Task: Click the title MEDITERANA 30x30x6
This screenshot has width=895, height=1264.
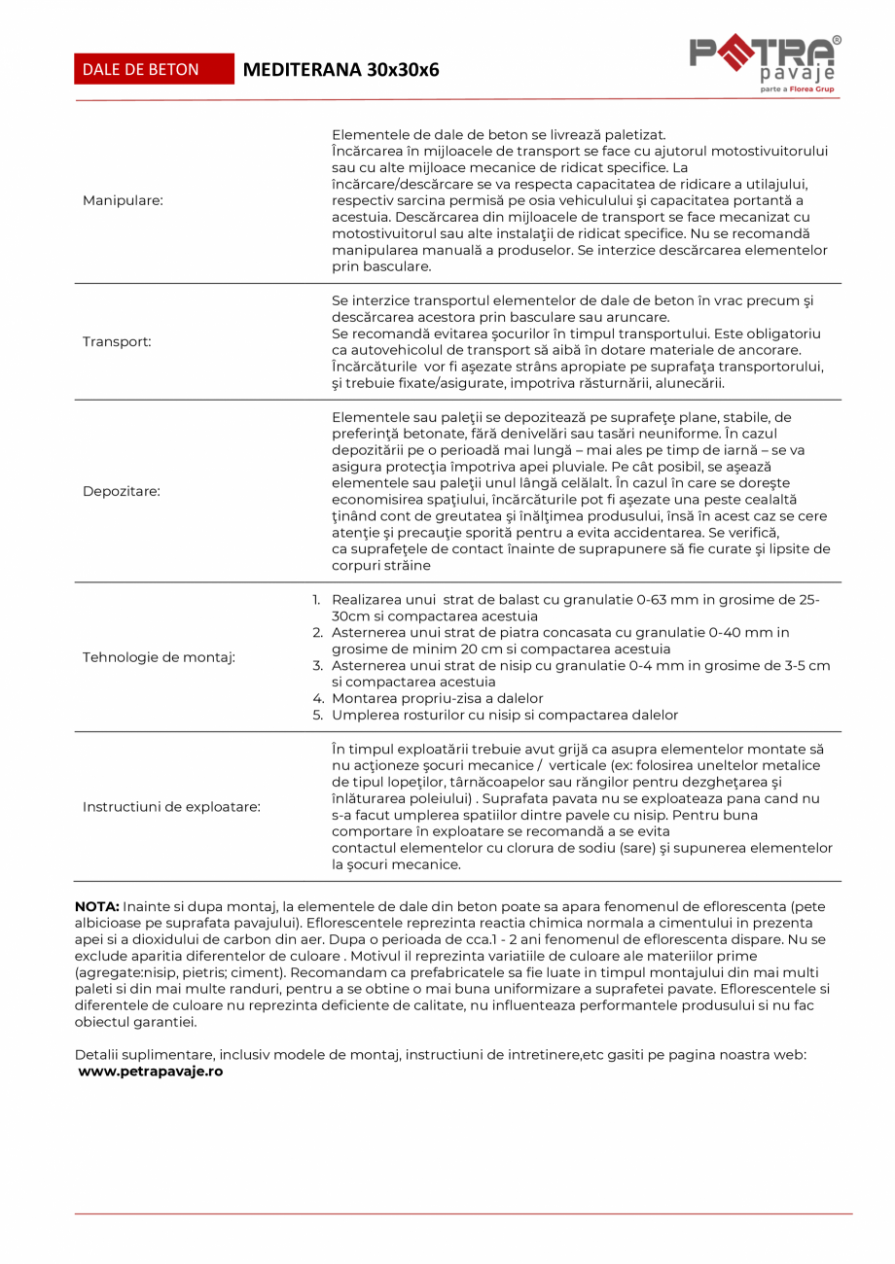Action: pyautogui.click(x=340, y=70)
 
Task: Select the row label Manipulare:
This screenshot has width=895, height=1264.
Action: pyautogui.click(x=123, y=200)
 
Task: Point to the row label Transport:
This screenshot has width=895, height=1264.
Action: pyautogui.click(x=117, y=342)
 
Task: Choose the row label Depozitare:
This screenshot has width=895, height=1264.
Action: pyautogui.click(x=121, y=491)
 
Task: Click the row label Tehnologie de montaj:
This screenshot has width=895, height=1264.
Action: pyautogui.click(x=159, y=657)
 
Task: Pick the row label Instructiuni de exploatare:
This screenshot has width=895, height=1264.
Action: pyautogui.click(x=171, y=807)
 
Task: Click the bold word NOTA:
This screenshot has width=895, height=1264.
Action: pyautogui.click(x=97, y=906)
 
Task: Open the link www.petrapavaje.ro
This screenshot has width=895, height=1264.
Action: pyautogui.click(x=151, y=1071)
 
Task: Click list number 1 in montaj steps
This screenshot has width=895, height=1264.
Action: pyautogui.click(x=316, y=601)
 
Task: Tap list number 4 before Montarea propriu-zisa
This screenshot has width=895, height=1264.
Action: pyautogui.click(x=317, y=698)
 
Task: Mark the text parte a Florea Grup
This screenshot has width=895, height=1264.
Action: pyautogui.click(x=796, y=88)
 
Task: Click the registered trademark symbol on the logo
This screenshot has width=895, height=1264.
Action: pyautogui.click(x=837, y=41)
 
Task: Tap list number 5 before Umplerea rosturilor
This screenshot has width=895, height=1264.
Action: pyautogui.click(x=317, y=715)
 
